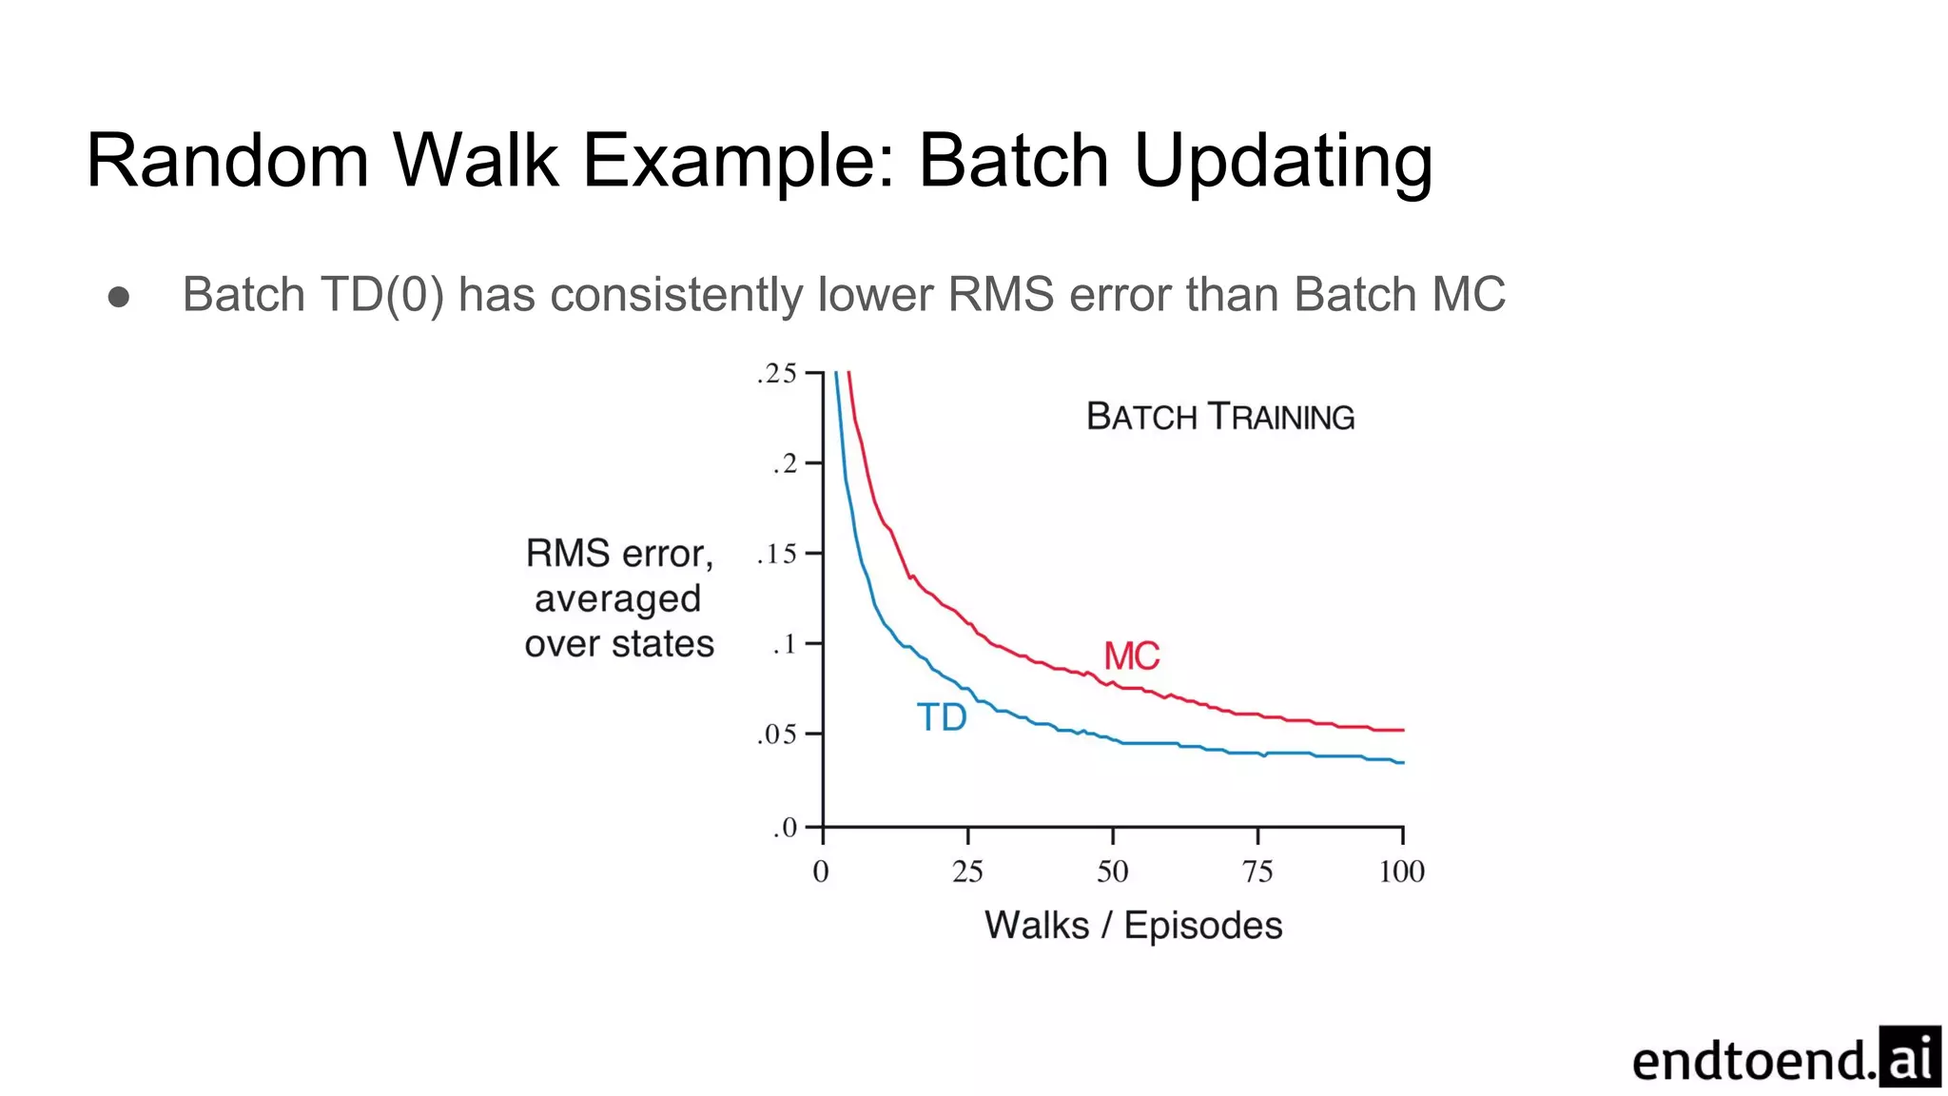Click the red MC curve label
tap(1131, 656)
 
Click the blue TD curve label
tap(942, 717)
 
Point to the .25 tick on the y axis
tap(777, 373)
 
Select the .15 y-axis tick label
tap(777, 554)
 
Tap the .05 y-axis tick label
tap(777, 734)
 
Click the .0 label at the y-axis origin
tap(785, 827)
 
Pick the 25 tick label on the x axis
tap(967, 871)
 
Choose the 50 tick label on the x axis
tap(1112, 871)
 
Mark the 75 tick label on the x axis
tap(1257, 871)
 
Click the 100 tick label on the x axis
tap(1401, 871)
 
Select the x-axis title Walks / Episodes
tap(1133, 925)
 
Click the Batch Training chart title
tap(1220, 417)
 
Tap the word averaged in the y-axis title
tap(617, 599)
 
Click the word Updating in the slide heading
tap(1283, 162)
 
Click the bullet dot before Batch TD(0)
tap(119, 297)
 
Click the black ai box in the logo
tap(1909, 1056)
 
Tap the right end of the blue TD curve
tap(1402, 762)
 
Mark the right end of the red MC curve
tap(1402, 730)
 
